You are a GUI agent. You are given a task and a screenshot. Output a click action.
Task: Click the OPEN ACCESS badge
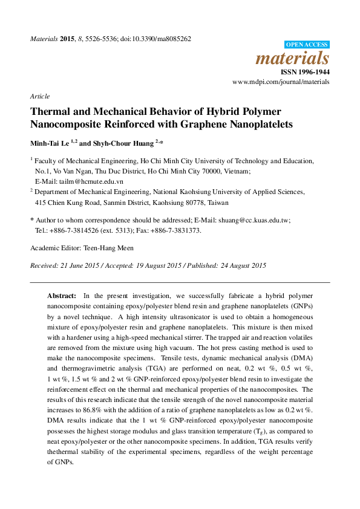tap(307, 44)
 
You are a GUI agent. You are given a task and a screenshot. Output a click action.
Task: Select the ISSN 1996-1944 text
tap(305, 71)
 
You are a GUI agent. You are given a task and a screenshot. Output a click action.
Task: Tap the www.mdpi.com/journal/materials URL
tap(281, 81)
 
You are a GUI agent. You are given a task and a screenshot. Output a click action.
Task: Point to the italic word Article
tap(39, 96)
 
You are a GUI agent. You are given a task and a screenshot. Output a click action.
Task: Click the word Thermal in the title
tap(52, 112)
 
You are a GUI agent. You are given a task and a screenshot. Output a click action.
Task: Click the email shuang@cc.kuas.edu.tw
tap(261, 221)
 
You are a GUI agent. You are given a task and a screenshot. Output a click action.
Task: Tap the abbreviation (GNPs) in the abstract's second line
tap(299, 306)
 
